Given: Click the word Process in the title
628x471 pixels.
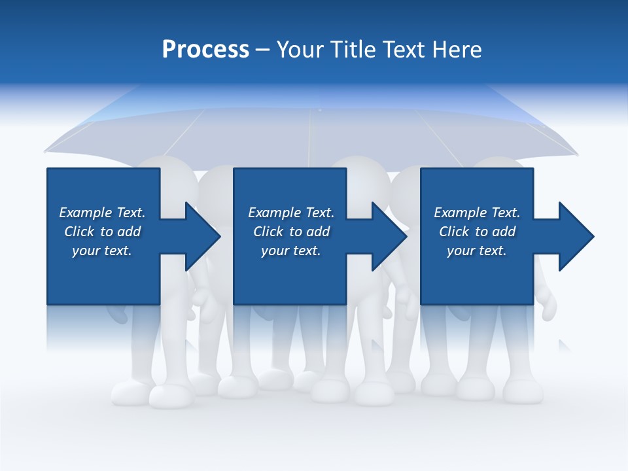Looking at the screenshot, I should coord(205,50).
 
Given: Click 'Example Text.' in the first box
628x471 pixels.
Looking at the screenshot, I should coord(102,213).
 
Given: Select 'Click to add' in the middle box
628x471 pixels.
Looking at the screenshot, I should coord(291,232).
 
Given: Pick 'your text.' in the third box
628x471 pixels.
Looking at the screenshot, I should coord(476,251).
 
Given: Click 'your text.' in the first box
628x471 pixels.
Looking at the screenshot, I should coord(102,251).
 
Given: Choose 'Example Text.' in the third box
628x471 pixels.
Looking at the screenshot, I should coord(477,213).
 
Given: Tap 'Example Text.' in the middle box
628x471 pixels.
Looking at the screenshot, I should coord(291,213).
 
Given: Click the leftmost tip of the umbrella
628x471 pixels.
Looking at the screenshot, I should coord(46,152).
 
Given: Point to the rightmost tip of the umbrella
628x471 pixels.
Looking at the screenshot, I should coord(577,155).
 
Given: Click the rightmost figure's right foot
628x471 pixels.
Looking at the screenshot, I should coord(523,392).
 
